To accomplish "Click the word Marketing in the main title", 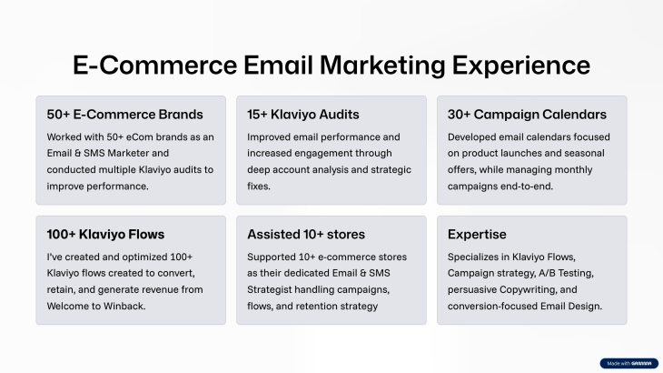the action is click(382, 66).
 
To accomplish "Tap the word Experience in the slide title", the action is click(521, 66).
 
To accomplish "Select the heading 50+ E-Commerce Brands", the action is click(124, 115).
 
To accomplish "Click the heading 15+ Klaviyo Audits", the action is click(303, 115).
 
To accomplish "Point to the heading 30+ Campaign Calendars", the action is click(527, 115).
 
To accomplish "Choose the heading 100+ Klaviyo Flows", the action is click(105, 234).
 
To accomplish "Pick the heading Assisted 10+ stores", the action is click(306, 234).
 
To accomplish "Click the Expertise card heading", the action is click(477, 235).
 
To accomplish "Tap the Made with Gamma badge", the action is click(628, 363).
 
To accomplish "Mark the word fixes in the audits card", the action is click(259, 186).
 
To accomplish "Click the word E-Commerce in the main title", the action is click(154, 66).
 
